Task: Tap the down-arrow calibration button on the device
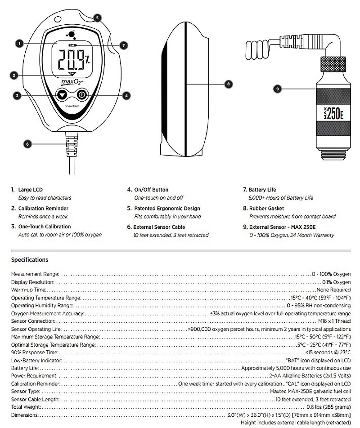coord(62,95)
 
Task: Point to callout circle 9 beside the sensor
coord(278,89)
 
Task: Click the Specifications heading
coord(29,259)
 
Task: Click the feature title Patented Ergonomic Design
coord(167,209)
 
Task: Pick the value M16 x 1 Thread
coord(334,321)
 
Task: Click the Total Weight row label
coord(26,407)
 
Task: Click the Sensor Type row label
coord(26,392)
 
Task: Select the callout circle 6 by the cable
coord(27,144)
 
